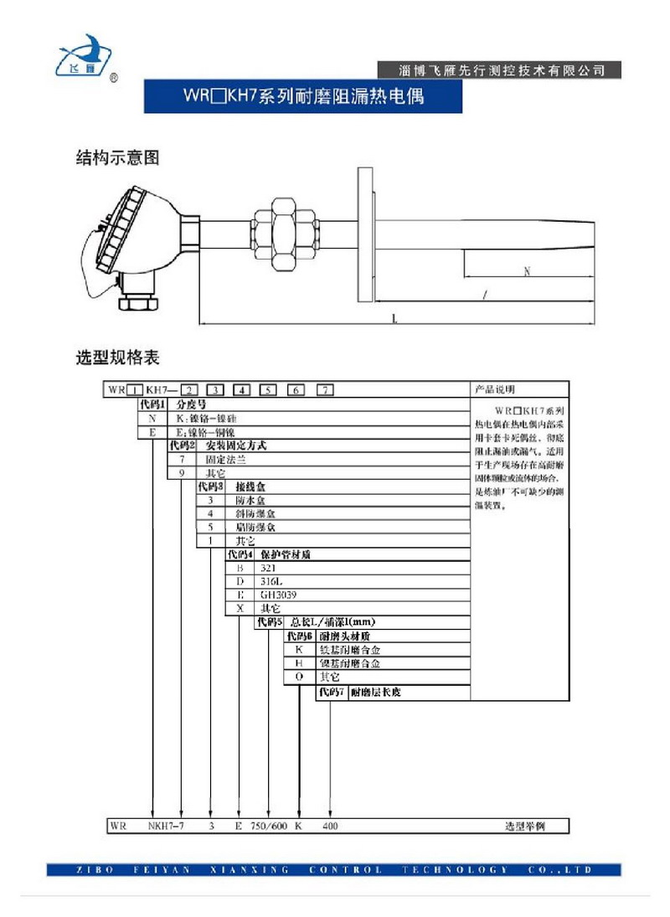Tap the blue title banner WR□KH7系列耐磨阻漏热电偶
tap(303, 96)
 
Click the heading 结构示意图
tap(117, 157)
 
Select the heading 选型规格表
tap(117, 358)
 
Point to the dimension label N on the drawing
tap(526, 271)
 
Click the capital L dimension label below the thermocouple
tap(395, 318)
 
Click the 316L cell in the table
tap(273, 581)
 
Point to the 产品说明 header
tap(495, 389)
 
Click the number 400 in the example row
tap(332, 826)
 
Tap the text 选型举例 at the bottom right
tap(525, 826)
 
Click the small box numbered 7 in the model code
tap(324, 389)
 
